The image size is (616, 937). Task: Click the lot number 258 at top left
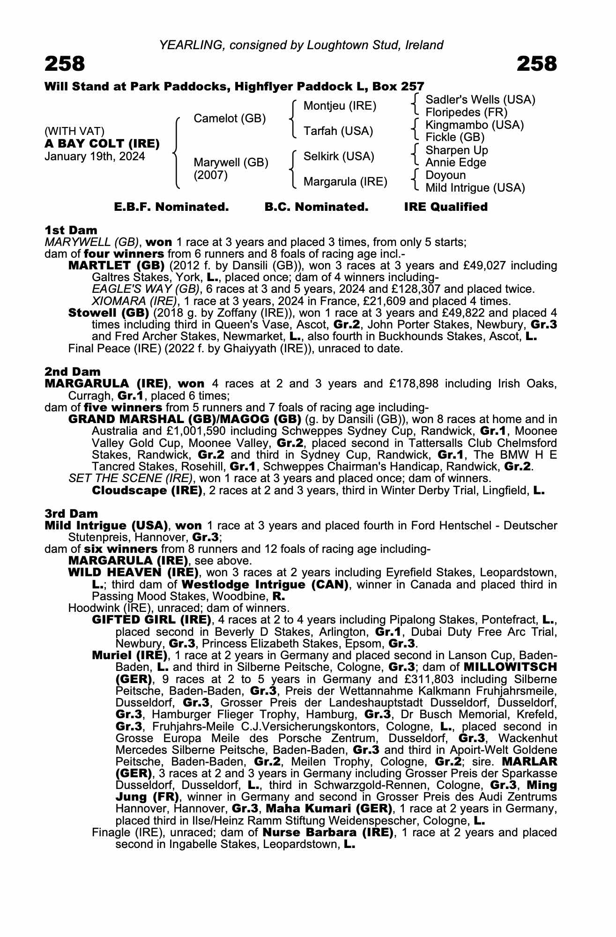[x=65, y=64]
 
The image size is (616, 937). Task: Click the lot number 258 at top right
[x=537, y=64]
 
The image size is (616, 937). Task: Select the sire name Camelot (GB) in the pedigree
[x=230, y=119]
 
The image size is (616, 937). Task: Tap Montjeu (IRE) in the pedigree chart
[x=340, y=106]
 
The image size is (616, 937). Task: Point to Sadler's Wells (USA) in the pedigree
[x=480, y=100]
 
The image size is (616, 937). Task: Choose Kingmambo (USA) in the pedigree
[x=475, y=125]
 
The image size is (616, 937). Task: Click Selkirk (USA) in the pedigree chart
[x=339, y=156]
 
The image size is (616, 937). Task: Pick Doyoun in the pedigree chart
[x=445, y=175]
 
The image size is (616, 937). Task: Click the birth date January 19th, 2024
[x=95, y=156]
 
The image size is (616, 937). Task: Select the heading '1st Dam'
[x=71, y=230]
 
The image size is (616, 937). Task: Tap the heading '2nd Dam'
[x=73, y=372]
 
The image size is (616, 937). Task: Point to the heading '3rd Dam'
[x=71, y=513]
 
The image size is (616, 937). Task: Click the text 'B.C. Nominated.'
[x=316, y=207]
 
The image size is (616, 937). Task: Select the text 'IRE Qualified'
[x=445, y=207]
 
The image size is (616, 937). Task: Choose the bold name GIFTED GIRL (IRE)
[x=151, y=620]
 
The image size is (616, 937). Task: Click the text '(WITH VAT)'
[x=74, y=131]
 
